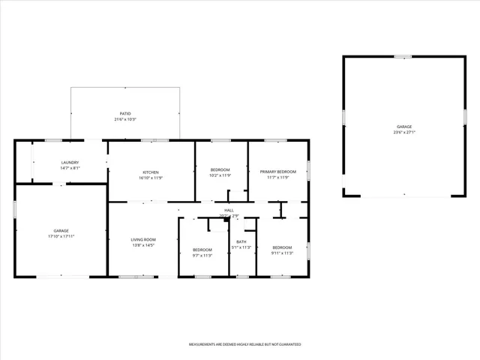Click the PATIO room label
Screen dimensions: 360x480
(125, 114)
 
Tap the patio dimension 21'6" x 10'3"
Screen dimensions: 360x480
(125, 119)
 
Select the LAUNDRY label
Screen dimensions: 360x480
(70, 162)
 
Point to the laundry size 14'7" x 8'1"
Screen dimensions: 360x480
(70, 167)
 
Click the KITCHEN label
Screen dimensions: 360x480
(151, 172)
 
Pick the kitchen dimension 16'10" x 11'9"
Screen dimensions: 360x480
(151, 177)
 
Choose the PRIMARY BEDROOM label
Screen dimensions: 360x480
(278, 172)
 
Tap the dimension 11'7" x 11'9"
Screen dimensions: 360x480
(278, 177)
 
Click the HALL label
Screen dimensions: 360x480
(229, 210)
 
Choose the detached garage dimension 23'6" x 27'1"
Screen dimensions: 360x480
(404, 132)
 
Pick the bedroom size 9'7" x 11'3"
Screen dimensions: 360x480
(202, 255)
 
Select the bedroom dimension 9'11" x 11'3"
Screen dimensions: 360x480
(282, 253)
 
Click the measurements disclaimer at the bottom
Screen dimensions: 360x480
(244, 344)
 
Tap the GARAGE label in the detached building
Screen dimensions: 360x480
(404, 127)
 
